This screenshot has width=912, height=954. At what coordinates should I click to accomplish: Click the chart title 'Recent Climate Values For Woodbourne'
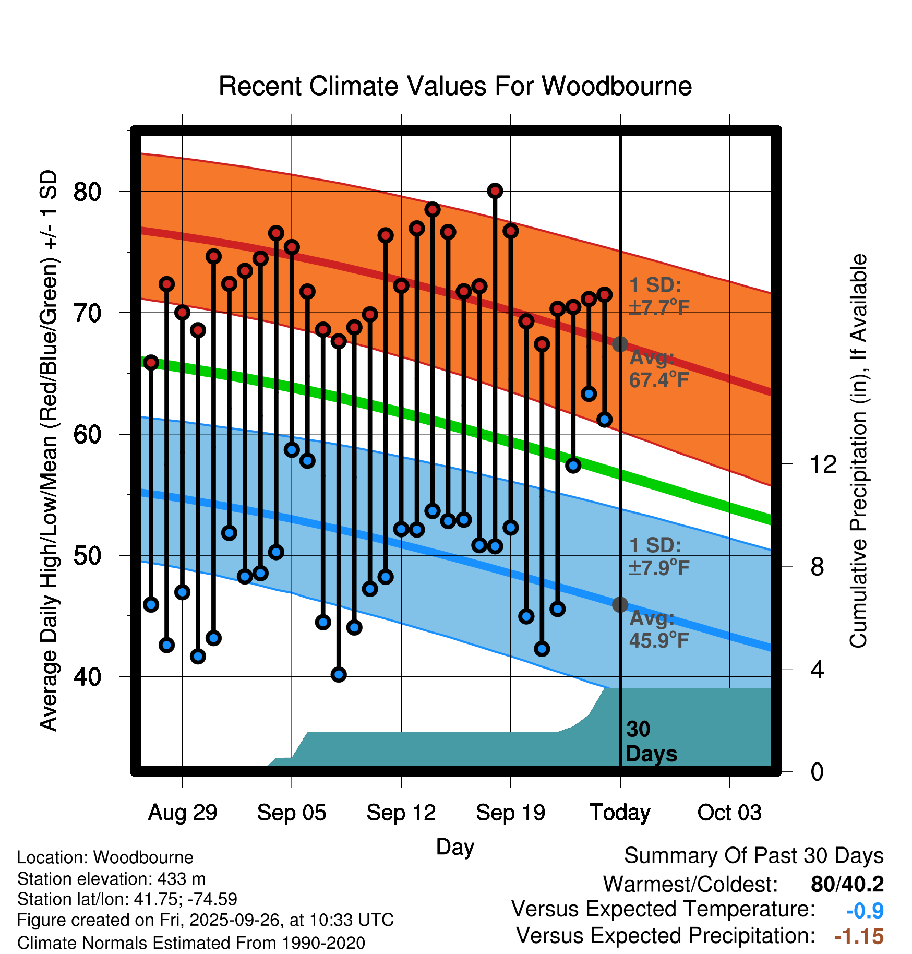[455, 86]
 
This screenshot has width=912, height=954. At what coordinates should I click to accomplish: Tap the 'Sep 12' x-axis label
[401, 813]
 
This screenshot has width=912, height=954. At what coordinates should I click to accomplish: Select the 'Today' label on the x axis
[620, 813]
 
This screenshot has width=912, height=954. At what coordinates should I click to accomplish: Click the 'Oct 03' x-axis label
[729, 813]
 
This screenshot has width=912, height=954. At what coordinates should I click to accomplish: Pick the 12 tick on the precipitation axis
[823, 464]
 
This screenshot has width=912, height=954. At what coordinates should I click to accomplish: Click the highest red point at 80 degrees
[495, 191]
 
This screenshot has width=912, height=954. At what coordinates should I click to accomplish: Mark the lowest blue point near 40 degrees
[339, 674]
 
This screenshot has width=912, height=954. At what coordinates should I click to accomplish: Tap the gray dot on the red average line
[620, 344]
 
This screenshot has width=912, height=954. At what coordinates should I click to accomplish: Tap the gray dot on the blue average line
[620, 605]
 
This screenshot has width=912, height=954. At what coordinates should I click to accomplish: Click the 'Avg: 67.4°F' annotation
[658, 369]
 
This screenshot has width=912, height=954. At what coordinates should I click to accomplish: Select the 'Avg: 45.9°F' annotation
[658, 629]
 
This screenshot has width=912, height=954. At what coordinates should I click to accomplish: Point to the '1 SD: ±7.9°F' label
[658, 556]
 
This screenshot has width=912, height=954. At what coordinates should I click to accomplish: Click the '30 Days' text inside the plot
[651, 742]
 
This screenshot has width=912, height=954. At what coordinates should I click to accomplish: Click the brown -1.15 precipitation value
[859, 936]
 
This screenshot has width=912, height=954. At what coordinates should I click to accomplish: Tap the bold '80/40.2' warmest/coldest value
[847, 884]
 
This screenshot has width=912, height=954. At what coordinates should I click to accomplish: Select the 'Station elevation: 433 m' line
[111, 879]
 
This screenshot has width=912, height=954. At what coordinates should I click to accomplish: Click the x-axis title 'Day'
[455, 846]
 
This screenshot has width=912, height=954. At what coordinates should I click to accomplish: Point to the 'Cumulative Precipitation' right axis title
[858, 451]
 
